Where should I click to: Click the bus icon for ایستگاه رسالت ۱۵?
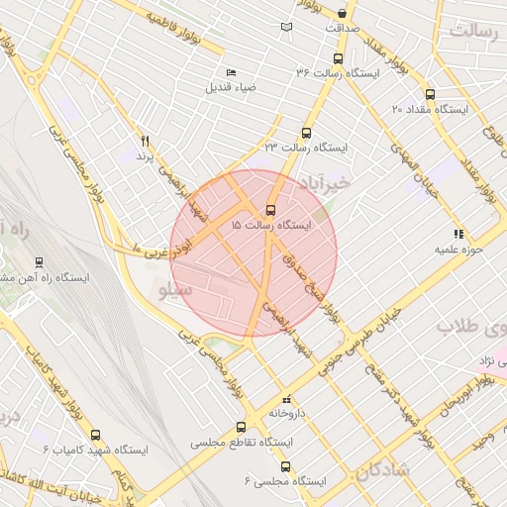tap(271, 211)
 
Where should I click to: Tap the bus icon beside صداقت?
tap(342, 14)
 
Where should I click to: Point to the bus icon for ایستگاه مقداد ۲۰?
tap(429, 95)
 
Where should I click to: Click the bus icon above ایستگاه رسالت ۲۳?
tap(306, 133)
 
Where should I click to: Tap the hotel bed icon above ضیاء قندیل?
tap(231, 72)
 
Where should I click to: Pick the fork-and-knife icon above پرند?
tap(146, 141)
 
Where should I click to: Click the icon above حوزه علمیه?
tap(457, 234)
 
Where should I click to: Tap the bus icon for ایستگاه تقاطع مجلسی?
tap(241, 428)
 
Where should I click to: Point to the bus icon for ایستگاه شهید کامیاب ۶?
tap(95, 434)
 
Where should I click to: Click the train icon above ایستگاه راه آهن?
tap(39, 261)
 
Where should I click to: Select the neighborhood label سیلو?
tap(173, 291)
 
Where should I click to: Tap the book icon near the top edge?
tap(287, 27)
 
